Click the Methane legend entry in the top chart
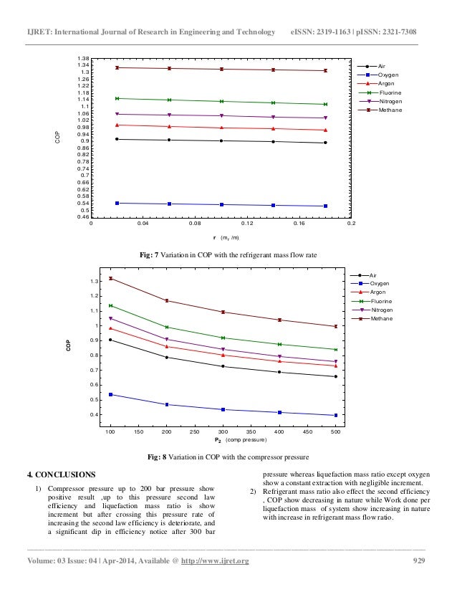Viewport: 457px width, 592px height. (x=389, y=110)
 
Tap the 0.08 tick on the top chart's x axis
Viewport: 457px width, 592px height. (x=195, y=224)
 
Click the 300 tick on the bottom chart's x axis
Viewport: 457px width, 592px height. (x=223, y=433)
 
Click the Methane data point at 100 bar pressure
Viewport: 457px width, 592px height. (x=110, y=278)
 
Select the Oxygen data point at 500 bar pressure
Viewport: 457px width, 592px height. (x=335, y=415)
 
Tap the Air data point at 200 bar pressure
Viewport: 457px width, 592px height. (x=167, y=357)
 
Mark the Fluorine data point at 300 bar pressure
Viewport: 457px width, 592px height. (x=223, y=338)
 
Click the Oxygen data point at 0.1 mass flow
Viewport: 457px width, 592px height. (x=221, y=205)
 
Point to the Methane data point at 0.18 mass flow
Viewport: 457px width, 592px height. (x=325, y=70)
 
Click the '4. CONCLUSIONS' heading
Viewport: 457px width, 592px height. (x=60, y=474)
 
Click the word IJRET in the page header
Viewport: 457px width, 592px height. (x=39, y=34)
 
